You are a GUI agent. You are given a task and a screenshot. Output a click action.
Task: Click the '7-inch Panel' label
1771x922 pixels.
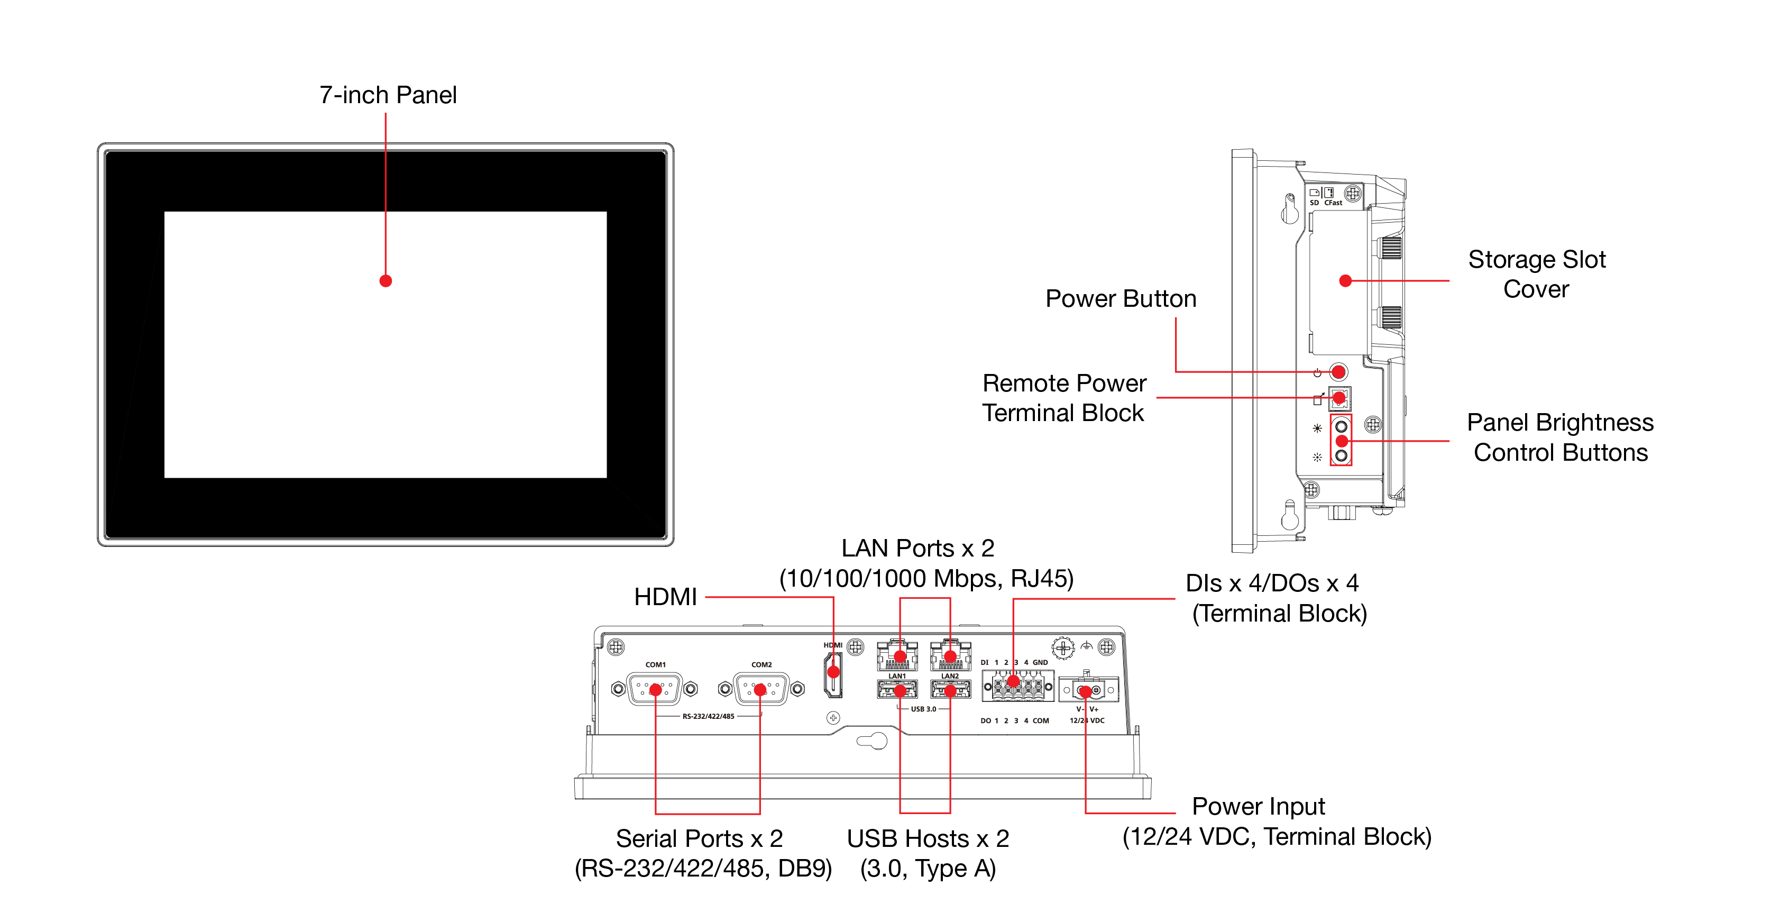click(388, 95)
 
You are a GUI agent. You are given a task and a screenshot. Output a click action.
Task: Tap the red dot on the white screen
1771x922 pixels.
click(386, 280)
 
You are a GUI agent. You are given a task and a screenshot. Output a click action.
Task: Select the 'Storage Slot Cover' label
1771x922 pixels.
click(1537, 273)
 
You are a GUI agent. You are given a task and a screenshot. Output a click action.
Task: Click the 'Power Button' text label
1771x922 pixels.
click(1121, 298)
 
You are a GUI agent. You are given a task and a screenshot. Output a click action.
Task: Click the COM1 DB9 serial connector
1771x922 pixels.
click(655, 689)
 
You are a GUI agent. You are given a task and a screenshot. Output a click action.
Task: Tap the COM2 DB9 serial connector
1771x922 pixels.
click(760, 689)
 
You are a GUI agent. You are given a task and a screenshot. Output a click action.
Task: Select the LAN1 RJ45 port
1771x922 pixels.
click(898, 655)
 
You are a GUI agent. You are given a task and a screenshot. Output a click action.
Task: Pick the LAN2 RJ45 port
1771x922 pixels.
click(950, 655)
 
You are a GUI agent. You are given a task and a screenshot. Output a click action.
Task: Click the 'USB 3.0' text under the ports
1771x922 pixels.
click(923, 709)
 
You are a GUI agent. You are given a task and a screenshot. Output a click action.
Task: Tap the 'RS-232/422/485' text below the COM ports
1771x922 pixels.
click(708, 716)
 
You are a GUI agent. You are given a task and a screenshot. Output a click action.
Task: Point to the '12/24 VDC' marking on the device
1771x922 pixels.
click(1087, 720)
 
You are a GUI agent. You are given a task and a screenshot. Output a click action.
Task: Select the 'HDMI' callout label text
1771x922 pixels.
click(665, 597)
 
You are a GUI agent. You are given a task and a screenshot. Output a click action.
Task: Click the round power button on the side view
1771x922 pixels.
click(1338, 372)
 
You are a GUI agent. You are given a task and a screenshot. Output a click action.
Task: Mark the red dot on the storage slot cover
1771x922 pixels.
click(1345, 280)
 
